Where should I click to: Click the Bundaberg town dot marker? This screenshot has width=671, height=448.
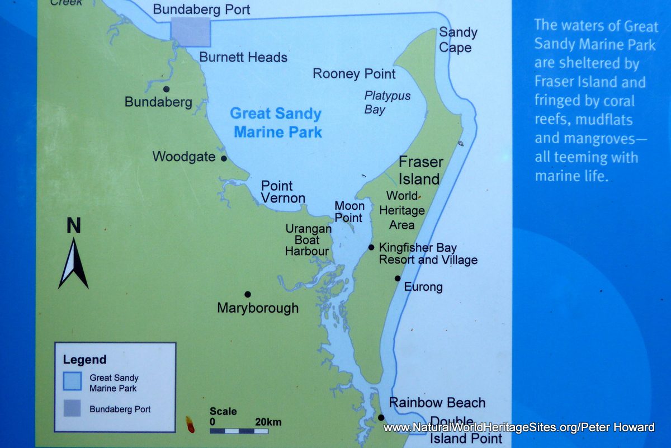(x=166, y=89)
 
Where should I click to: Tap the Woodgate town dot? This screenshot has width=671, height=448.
(x=224, y=158)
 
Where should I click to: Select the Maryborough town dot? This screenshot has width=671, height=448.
(x=247, y=294)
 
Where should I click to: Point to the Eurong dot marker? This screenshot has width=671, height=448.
(x=398, y=278)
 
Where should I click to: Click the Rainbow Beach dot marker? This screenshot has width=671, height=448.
(x=381, y=417)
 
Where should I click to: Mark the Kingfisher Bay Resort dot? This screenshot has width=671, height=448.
(x=371, y=247)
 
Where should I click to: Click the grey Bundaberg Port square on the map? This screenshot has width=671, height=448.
(x=190, y=31)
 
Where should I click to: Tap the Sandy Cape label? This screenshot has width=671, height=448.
(x=457, y=40)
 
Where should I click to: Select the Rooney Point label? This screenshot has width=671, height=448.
(x=354, y=73)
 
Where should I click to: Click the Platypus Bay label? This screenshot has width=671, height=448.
(x=387, y=102)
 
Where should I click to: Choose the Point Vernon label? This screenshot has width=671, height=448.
(x=283, y=192)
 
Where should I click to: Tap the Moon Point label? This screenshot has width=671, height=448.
(x=348, y=212)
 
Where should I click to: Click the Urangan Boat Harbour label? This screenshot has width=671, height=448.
(x=308, y=240)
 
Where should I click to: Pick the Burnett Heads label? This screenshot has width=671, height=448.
(x=243, y=57)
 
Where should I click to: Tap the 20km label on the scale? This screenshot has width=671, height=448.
(x=268, y=421)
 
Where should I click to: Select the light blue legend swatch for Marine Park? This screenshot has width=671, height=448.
(x=72, y=381)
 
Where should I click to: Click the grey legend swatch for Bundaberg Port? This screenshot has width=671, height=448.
(x=72, y=409)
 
